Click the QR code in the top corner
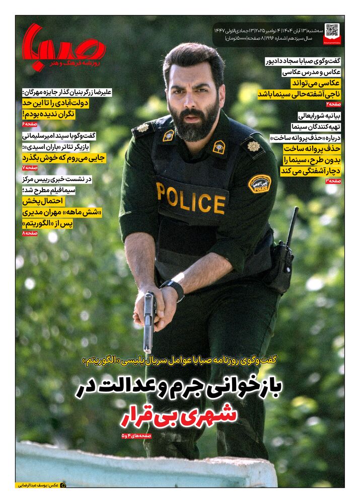click(332, 31)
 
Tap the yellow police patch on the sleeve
click(259, 184)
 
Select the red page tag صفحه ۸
click(30, 233)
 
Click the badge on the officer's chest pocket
click(219, 146)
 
